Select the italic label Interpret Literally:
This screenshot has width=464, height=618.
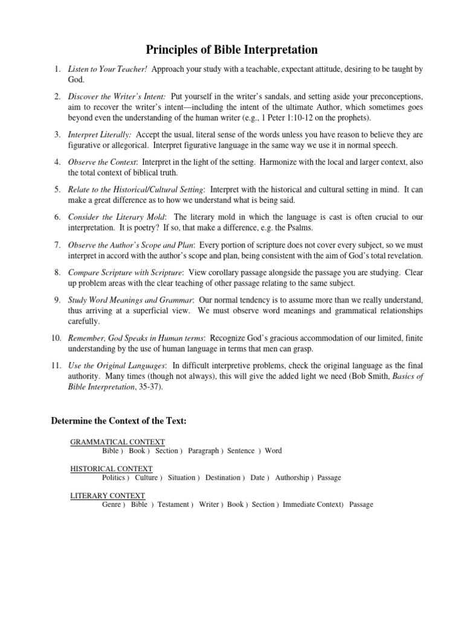99,135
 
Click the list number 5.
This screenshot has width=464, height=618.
57,190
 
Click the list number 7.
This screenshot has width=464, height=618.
57,244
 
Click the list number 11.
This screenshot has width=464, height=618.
55,366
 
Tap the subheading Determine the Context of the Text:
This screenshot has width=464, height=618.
118,421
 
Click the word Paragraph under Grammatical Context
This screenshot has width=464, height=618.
203,451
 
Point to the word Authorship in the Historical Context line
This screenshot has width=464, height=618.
292,477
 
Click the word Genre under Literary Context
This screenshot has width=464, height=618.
112,505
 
